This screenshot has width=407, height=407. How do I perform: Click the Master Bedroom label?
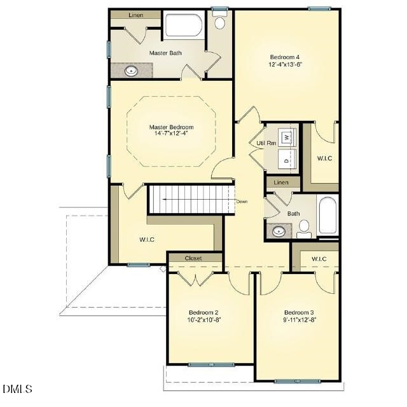171,127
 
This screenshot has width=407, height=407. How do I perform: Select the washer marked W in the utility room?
287,137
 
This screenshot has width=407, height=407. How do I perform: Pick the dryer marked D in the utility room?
287,161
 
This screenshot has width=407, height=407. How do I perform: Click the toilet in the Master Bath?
220,24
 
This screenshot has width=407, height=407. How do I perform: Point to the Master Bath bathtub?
184,26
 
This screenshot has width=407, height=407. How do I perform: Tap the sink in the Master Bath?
132,71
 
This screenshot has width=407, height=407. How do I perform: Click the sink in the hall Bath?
279,231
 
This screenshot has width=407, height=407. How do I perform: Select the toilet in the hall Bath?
304,226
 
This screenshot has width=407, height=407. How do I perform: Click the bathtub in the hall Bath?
328,216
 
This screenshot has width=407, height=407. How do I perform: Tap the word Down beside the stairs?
242,202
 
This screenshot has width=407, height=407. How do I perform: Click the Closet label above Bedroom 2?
193,258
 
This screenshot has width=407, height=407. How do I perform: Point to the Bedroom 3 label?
299,312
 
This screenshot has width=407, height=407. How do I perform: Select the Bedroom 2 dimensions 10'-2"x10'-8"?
203,319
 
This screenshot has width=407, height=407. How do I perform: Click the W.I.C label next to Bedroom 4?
324,158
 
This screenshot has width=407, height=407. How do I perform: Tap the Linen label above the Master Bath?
135,15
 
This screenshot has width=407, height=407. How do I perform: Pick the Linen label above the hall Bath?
281,183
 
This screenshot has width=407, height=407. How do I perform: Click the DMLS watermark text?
17,389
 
